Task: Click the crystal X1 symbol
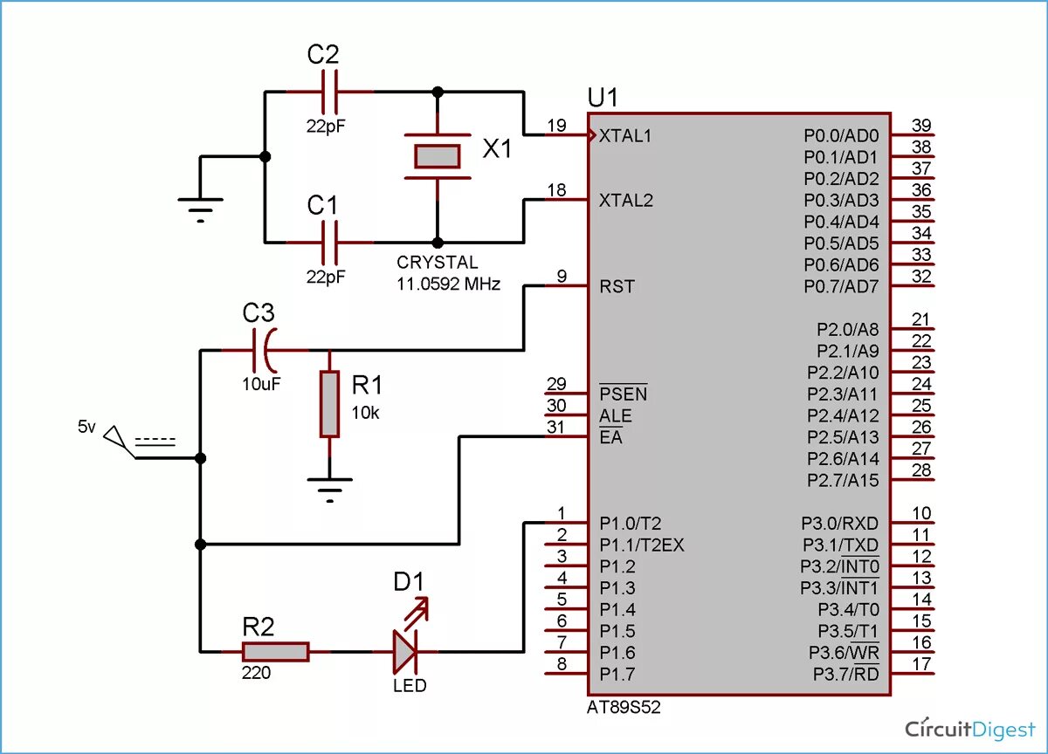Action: (x=437, y=156)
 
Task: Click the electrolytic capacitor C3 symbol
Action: (x=265, y=351)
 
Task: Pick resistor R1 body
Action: (x=329, y=403)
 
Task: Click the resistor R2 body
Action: (x=275, y=651)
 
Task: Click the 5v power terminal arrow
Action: (x=115, y=435)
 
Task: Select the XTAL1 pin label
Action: (x=625, y=136)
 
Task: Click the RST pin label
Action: (x=617, y=286)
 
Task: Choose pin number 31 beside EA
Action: (x=556, y=428)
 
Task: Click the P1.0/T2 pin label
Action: (x=630, y=524)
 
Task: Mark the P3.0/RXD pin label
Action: (x=840, y=524)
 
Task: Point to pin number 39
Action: (x=920, y=125)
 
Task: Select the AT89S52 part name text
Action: (x=624, y=708)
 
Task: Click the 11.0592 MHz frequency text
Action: (x=449, y=284)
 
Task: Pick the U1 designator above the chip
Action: (x=603, y=97)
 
